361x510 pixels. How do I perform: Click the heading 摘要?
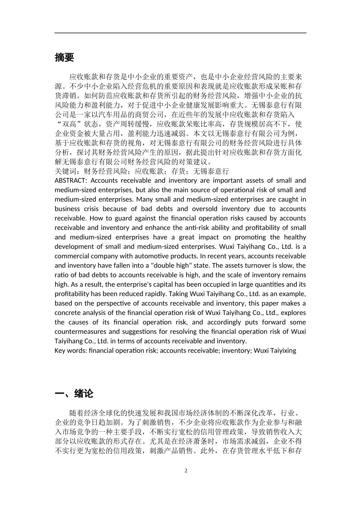click(64, 58)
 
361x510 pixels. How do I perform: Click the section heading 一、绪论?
click(74, 394)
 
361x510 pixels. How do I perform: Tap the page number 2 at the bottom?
click(186, 471)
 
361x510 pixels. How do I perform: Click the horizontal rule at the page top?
click(180, 33)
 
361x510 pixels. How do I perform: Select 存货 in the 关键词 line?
click(179, 172)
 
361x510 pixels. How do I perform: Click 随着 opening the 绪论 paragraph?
click(76, 413)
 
